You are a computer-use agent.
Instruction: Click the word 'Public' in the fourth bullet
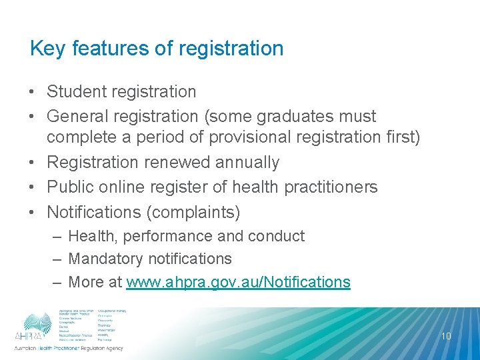69,187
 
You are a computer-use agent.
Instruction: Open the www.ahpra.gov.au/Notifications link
238,282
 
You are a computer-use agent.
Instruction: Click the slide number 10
446,336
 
